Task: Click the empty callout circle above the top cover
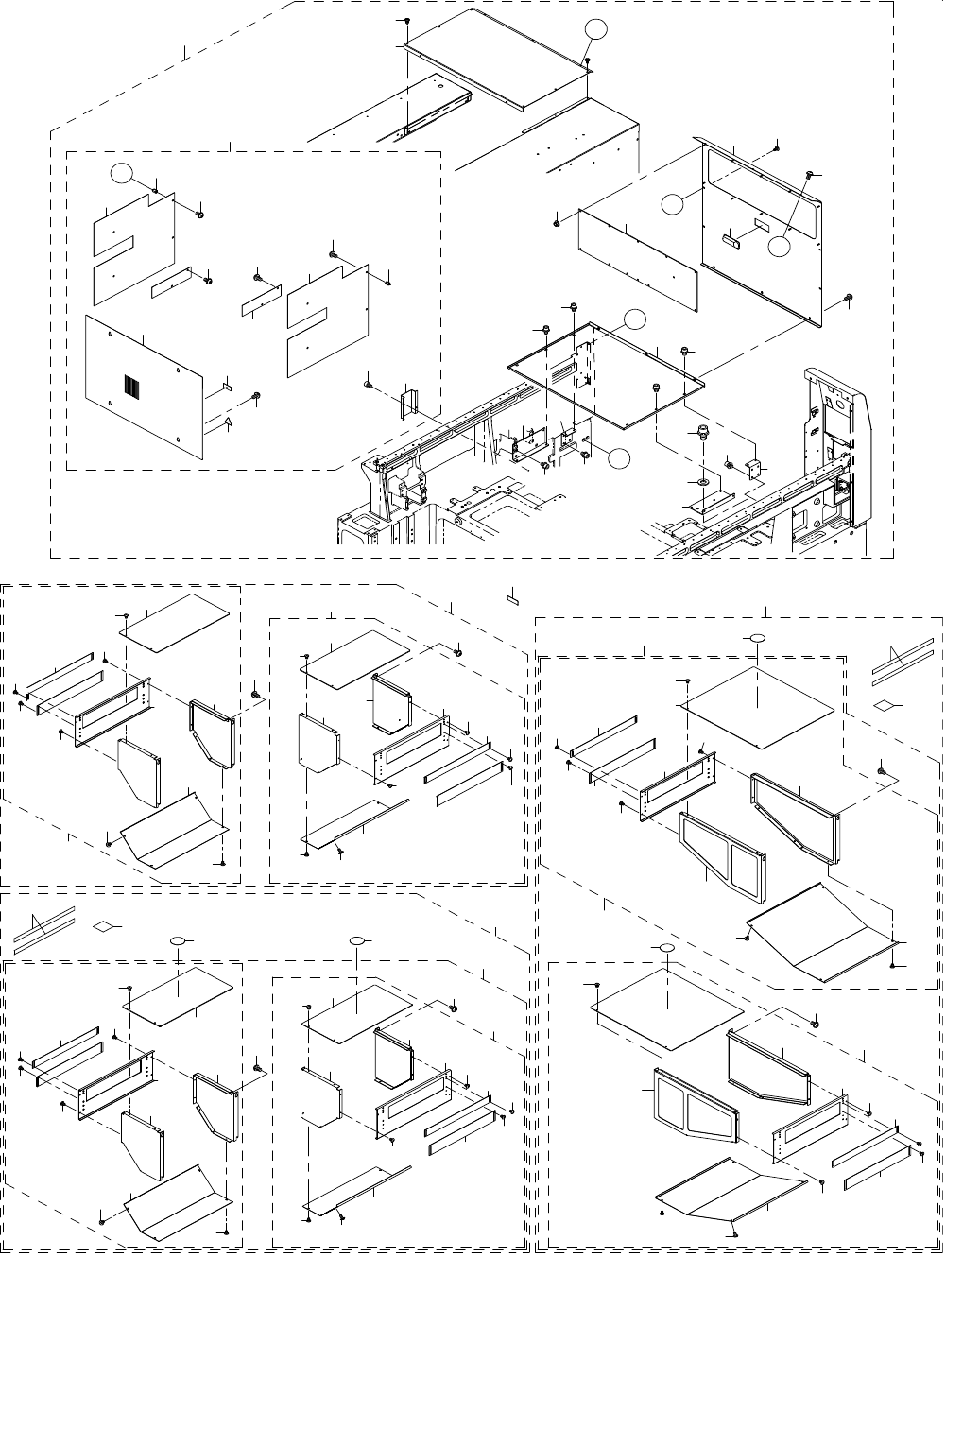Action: click(x=595, y=30)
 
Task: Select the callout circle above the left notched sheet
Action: click(x=119, y=173)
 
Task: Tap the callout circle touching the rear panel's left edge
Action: click(x=671, y=202)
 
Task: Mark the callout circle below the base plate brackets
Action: click(x=619, y=458)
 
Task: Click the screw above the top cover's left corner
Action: click(x=406, y=20)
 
